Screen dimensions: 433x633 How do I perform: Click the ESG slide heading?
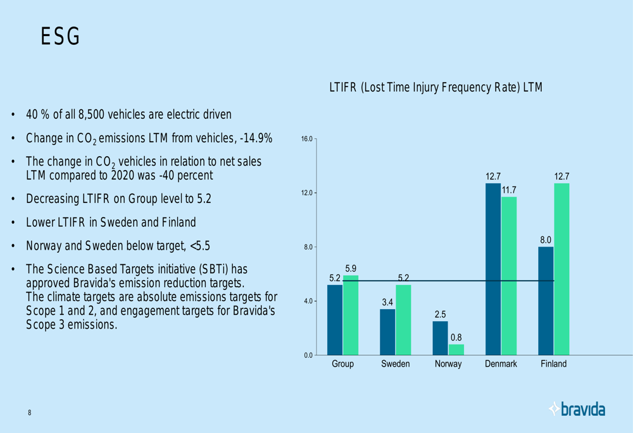(x=60, y=37)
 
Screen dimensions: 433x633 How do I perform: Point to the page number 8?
(x=29, y=413)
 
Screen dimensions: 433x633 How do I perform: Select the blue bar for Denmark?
(x=492, y=269)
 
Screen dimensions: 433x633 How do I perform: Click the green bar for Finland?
(x=561, y=269)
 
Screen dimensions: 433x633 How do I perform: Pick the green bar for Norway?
(x=456, y=349)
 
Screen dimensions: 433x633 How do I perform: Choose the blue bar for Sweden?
(x=387, y=331)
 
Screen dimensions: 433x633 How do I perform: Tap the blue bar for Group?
(x=335, y=319)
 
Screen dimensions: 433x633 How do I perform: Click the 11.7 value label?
(x=509, y=190)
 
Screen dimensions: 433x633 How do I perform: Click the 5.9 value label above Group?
(x=350, y=269)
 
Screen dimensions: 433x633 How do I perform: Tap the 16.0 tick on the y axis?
(x=305, y=138)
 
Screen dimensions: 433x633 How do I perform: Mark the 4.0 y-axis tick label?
(x=306, y=301)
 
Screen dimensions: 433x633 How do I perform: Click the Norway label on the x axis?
(x=448, y=364)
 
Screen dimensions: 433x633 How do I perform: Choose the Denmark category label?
(x=501, y=364)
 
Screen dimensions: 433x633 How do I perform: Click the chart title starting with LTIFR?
(x=436, y=88)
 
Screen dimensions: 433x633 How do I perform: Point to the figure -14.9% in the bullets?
(x=253, y=138)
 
